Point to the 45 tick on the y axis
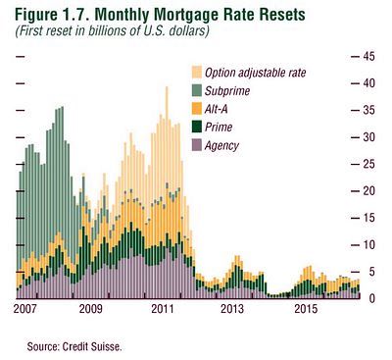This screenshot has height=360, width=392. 370,57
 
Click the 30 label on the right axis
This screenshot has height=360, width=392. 370,137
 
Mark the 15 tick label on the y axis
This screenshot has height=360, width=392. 370,218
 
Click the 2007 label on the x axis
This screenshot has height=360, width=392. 27,311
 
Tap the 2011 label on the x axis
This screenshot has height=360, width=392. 164,311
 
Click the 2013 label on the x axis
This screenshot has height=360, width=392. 232,311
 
